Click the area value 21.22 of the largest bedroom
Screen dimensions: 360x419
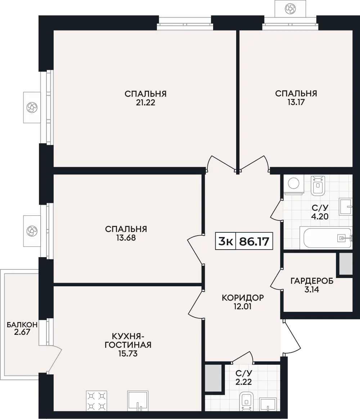tap(145, 103)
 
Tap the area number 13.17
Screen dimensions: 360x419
tap(296, 102)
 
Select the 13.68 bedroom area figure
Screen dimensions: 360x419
tap(126, 238)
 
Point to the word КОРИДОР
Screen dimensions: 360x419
tap(243, 297)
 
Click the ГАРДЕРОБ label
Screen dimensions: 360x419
tap(312, 281)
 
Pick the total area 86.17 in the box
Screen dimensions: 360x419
tap(254, 242)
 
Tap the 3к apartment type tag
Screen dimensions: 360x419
tap(225, 242)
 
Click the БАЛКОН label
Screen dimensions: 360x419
tap(22, 325)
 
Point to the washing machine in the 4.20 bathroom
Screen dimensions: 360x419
tap(293, 184)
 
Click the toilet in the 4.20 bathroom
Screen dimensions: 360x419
tap(318, 186)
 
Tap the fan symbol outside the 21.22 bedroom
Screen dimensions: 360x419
tap(32, 108)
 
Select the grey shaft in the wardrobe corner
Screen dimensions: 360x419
tap(346, 264)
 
